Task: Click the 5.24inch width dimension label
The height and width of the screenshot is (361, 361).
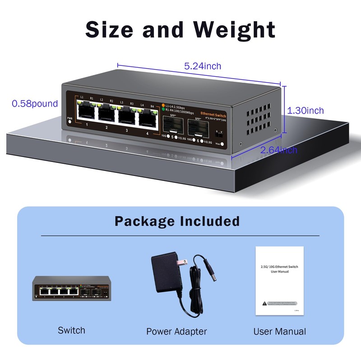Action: click(x=203, y=66)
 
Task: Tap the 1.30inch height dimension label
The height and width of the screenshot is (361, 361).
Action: click(x=305, y=111)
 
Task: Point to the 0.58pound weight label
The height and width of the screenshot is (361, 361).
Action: click(x=35, y=104)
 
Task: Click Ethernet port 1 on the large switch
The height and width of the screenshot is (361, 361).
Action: click(x=86, y=111)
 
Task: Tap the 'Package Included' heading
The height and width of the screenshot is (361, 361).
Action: click(x=177, y=221)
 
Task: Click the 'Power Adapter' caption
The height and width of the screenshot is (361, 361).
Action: click(x=176, y=332)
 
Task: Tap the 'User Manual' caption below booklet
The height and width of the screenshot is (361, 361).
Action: click(x=279, y=332)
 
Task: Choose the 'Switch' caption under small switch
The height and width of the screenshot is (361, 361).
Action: click(x=71, y=330)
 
